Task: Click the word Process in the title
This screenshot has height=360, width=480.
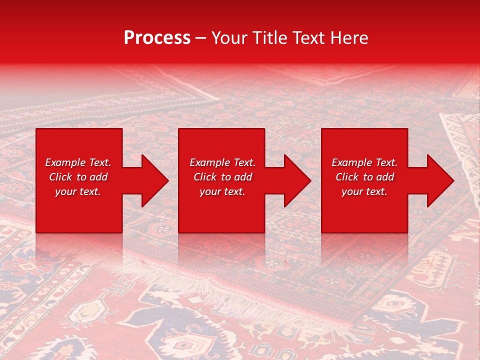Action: coord(157,38)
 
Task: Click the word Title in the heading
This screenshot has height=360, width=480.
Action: coord(268,38)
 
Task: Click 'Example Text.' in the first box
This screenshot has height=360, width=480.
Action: coord(78,162)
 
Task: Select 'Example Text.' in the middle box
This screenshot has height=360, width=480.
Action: coord(222,162)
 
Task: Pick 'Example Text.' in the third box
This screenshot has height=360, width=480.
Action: coord(364,162)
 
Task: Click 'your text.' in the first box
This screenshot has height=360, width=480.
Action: coord(78,191)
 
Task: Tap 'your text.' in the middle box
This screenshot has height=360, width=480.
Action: coord(222,191)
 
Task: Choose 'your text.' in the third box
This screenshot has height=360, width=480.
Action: coord(364,191)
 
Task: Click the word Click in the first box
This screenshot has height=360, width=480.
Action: coord(60,177)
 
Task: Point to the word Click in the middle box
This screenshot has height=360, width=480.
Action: coord(205,177)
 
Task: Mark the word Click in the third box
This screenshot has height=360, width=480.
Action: coord(347,177)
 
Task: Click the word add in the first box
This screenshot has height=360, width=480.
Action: coord(98,177)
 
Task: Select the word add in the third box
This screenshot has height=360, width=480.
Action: coord(385,177)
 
